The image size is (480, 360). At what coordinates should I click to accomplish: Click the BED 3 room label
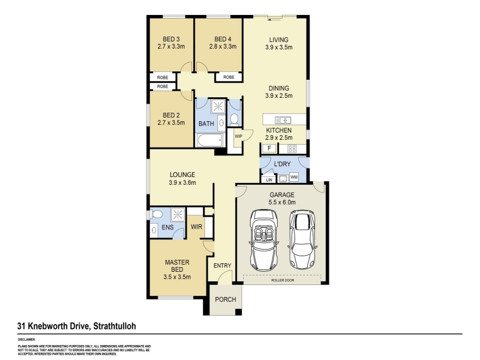tap(171, 43)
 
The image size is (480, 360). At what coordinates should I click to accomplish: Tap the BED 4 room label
tap(223, 43)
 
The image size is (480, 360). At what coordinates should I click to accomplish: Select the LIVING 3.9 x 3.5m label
tap(278, 43)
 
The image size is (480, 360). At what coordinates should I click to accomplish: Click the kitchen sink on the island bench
tap(283, 119)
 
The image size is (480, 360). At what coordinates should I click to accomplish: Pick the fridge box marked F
tap(269, 148)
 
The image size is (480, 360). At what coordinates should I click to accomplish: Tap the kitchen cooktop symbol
tap(292, 149)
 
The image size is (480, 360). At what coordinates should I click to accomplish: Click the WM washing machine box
tap(294, 177)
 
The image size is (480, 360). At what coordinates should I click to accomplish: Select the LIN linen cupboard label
tap(269, 179)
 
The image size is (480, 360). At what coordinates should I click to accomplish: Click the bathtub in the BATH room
tap(210, 140)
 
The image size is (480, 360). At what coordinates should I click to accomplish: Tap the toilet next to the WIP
tap(234, 119)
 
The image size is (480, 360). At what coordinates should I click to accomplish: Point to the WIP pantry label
tap(238, 136)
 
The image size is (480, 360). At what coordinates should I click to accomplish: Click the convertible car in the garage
tap(264, 241)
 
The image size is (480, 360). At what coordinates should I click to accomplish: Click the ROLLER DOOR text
tap(283, 280)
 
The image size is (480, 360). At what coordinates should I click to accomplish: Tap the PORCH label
tap(226, 299)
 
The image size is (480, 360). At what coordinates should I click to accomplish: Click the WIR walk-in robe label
tap(197, 227)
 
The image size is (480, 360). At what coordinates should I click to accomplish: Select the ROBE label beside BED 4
tap(229, 77)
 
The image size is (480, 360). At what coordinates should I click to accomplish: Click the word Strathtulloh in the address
tap(115, 326)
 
